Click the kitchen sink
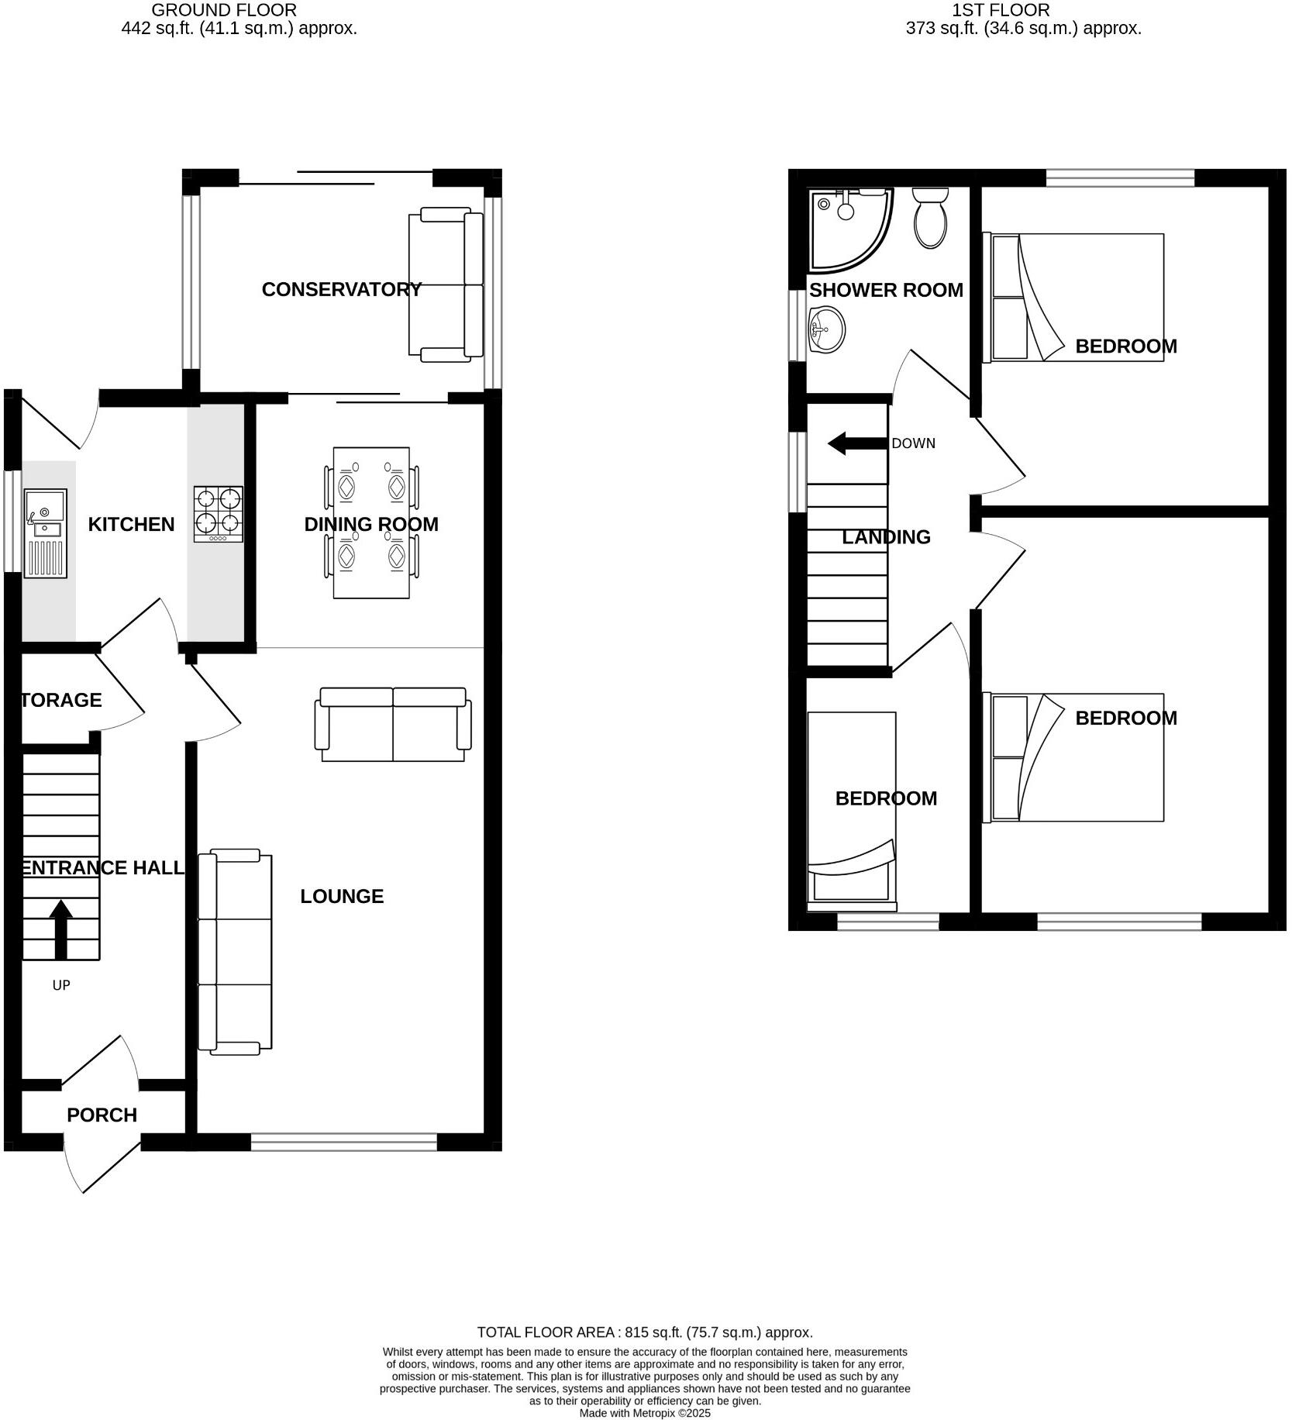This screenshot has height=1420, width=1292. pyautogui.click(x=46, y=532)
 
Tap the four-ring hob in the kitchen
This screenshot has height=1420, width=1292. pyautogui.click(x=218, y=513)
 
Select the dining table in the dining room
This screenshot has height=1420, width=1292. pyautogui.click(x=371, y=522)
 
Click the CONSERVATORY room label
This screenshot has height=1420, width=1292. pyautogui.click(x=341, y=289)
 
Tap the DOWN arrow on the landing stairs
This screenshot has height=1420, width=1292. pyautogui.click(x=856, y=444)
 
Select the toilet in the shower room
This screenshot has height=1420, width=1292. pyautogui.click(x=930, y=218)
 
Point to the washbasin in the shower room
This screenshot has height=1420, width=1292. pyautogui.click(x=826, y=329)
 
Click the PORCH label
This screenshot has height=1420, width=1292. pyautogui.click(x=102, y=1115)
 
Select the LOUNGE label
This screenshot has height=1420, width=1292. pyautogui.click(x=342, y=896)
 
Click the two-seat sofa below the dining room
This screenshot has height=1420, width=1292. pyautogui.click(x=393, y=724)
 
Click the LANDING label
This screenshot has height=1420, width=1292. pyautogui.click(x=886, y=536)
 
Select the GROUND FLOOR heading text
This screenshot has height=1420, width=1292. pyautogui.click(x=224, y=10)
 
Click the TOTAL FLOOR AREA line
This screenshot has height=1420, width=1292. pyautogui.click(x=645, y=1332)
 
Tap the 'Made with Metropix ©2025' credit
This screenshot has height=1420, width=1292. pyautogui.click(x=645, y=1413)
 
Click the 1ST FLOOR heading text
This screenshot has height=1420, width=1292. pyautogui.click(x=1001, y=10)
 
